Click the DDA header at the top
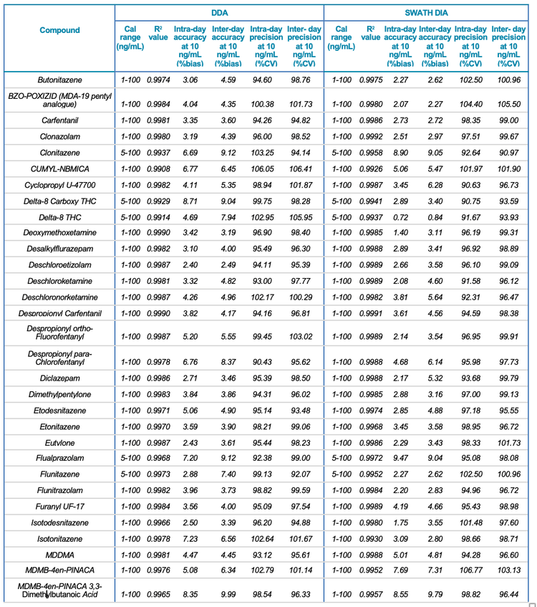tap(219, 13)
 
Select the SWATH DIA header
tap(429, 13)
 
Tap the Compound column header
tap(60, 31)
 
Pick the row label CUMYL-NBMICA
tap(60, 168)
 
